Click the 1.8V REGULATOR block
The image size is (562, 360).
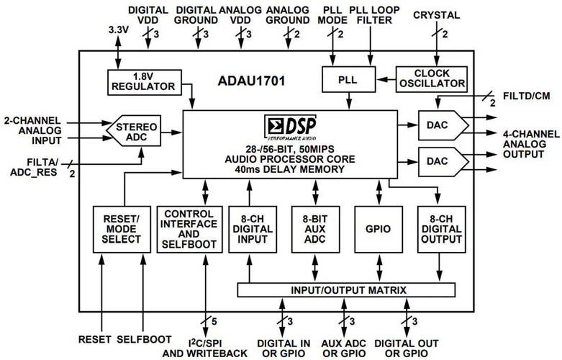[143, 81]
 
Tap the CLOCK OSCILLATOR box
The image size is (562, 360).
[431, 77]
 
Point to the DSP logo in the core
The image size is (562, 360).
[290, 123]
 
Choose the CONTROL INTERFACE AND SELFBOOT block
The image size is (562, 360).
[189, 229]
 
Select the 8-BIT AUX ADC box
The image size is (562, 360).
[314, 229]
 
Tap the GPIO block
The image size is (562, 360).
[378, 229]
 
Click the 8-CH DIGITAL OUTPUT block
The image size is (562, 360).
[440, 229]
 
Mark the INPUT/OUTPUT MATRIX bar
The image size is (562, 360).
[346, 289]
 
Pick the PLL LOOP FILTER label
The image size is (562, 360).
[371, 14]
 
